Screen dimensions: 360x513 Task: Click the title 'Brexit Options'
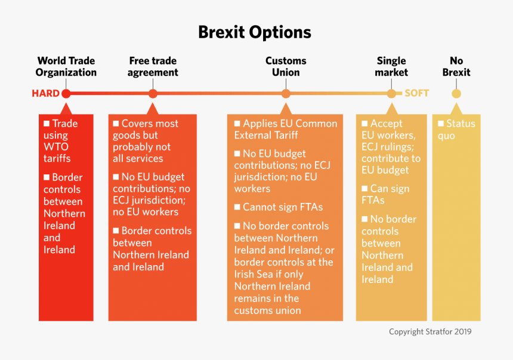click(255, 32)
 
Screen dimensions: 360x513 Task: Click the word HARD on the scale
click(45, 94)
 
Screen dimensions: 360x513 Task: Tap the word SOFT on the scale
click(416, 94)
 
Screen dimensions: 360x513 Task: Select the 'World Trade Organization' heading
click(66, 66)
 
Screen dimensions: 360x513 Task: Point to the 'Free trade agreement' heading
click(153, 66)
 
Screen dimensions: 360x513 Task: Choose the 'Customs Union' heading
click(286, 66)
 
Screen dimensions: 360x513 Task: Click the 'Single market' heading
click(391, 66)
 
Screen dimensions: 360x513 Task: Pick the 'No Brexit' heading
click(456, 66)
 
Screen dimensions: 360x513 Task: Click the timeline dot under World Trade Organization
click(66, 94)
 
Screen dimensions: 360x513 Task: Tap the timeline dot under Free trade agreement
click(153, 94)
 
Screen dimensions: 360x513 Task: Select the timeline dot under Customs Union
click(286, 94)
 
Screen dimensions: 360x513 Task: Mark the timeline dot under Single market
click(391, 94)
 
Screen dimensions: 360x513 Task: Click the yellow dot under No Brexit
click(456, 94)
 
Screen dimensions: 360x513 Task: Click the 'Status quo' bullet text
click(456, 130)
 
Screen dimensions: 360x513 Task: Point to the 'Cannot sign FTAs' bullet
click(282, 207)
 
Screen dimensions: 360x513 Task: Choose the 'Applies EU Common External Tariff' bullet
click(286, 130)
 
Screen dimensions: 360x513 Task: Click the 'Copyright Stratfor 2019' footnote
click(430, 331)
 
